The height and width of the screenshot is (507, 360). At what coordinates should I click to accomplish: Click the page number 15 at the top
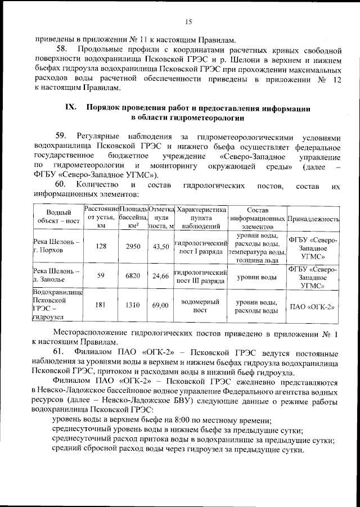[x=188, y=21]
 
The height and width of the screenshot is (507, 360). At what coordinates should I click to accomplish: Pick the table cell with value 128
[x=101, y=247]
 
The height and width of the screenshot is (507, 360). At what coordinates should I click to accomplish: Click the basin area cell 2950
[x=133, y=247]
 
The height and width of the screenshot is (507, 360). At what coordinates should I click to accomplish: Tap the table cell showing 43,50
[x=161, y=247]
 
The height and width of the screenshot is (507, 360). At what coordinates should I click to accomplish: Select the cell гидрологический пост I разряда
[x=201, y=247]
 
